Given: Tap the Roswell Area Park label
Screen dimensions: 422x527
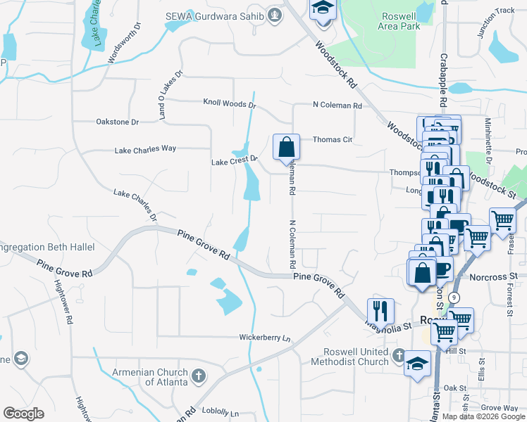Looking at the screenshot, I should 400,21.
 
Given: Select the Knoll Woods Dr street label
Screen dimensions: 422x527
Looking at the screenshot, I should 229,103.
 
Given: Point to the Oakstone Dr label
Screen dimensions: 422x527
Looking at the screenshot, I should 118,122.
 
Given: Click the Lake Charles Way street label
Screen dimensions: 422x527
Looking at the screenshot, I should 145,149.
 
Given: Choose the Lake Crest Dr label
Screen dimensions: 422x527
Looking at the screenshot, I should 232,162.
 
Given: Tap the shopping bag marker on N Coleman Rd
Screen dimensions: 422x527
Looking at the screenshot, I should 286,148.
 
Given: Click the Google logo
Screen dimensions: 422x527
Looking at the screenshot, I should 23,414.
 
